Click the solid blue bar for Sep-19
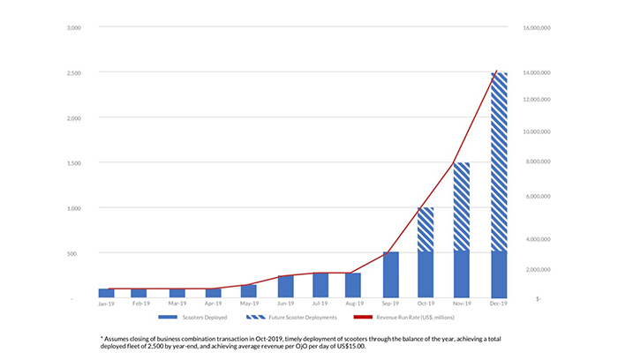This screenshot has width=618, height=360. click(390, 274)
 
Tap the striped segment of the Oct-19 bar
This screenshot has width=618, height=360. click(426, 229)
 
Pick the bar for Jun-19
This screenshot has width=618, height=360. click(285, 286)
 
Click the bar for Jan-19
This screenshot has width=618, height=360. click(106, 293)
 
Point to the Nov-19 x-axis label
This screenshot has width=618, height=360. click(462, 304)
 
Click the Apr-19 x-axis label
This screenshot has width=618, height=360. click(213, 304)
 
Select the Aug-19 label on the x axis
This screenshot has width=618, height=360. click(355, 304)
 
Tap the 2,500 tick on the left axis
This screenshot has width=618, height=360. click(74, 72)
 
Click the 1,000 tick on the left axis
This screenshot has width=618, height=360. click(74, 208)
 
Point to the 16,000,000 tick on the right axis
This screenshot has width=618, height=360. click(537, 27)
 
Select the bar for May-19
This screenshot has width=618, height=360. click(248, 291)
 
